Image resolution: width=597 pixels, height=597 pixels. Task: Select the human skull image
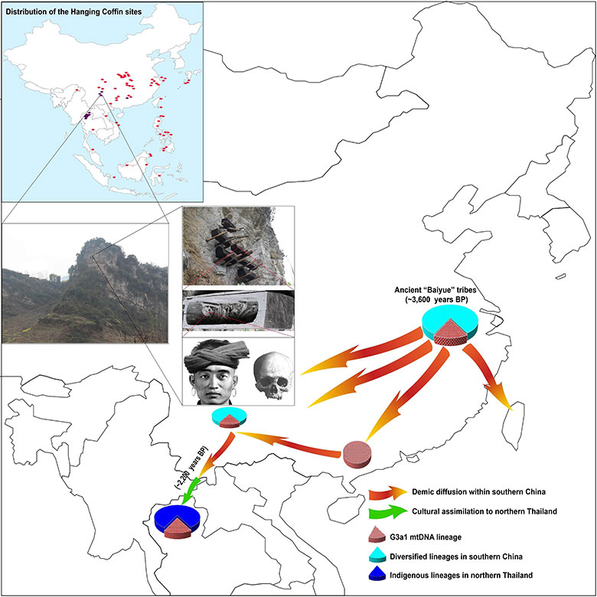tap(269, 374)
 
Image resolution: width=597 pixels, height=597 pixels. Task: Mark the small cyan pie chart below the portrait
tap(231, 418)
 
